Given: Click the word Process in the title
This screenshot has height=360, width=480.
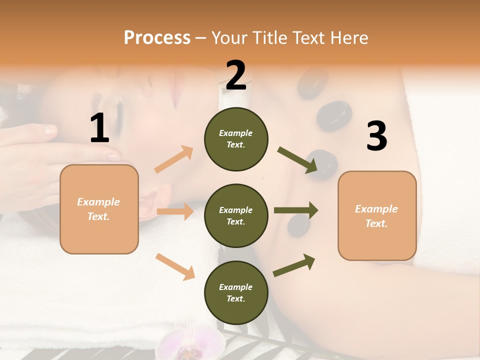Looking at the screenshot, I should [157, 38].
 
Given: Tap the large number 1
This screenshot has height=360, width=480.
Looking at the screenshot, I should [99, 128].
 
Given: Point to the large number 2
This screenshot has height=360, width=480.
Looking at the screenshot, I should [235, 75].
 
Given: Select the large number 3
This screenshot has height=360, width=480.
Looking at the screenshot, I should [376, 136].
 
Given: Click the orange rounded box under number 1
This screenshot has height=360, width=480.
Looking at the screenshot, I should [99, 209].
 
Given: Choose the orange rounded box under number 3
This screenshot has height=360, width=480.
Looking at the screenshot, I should [377, 215].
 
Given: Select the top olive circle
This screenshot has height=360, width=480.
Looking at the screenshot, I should [236, 139].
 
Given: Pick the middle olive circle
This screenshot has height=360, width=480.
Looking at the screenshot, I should [236, 215].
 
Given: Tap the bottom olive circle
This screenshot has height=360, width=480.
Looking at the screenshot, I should [236, 292].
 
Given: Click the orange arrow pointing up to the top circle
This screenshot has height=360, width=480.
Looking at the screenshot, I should [174, 159].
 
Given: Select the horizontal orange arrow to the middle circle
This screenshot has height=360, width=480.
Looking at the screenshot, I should [175, 211].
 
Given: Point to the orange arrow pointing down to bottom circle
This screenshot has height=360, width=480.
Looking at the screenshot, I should [175, 266].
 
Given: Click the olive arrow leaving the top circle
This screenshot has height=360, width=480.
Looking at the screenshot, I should [297, 160].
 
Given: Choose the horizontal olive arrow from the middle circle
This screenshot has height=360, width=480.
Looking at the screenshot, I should [296, 210].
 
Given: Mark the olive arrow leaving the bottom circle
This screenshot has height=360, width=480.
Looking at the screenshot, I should [294, 265].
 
